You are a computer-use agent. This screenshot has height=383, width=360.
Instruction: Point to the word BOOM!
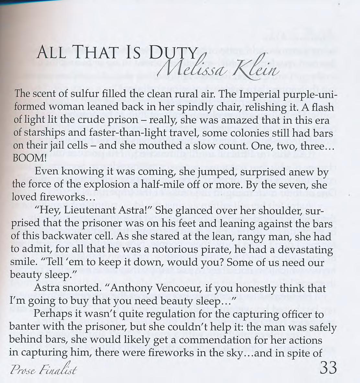point(28,158)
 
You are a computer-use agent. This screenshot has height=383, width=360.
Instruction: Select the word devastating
point(305,250)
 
